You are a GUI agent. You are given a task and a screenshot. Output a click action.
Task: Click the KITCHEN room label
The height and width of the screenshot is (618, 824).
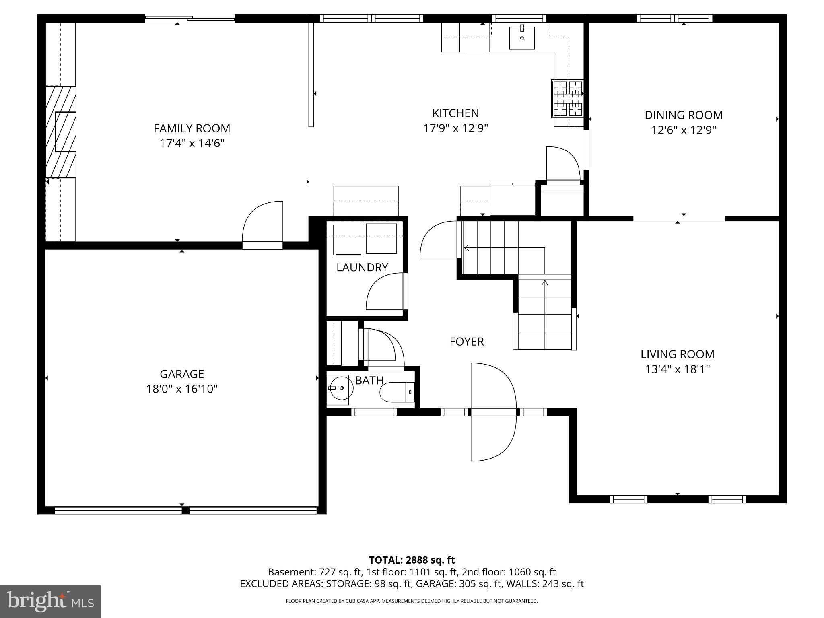coord(455,113)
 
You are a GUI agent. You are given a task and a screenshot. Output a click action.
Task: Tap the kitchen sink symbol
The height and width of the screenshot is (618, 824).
coord(522,38)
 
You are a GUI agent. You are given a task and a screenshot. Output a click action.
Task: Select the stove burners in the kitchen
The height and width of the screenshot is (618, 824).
coord(568,99)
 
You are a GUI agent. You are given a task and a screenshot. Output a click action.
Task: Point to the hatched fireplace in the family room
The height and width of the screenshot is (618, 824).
coord(60,132)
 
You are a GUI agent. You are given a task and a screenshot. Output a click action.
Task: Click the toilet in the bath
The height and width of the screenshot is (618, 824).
coord(397,392)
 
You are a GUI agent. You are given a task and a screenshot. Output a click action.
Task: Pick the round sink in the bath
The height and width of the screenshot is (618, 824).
coord(338,389)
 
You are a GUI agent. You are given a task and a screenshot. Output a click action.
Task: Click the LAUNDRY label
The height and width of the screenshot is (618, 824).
coord(362,267)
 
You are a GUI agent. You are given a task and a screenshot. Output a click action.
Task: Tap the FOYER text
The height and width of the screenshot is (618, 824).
coord(467,342)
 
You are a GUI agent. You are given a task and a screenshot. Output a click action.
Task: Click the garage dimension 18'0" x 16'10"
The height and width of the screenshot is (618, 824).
coord(182,389)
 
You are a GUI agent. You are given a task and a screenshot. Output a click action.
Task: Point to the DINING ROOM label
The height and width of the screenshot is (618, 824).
coord(684,115)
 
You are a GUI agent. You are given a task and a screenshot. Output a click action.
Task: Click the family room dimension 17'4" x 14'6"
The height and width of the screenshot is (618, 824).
coord(192,143)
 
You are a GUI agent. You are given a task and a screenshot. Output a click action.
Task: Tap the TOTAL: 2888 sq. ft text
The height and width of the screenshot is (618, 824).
coord(412,560)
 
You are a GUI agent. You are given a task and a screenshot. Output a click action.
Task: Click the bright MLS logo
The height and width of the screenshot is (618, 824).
coord(50,601)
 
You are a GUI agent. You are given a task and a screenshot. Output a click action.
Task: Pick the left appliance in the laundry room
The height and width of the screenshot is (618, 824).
coord(348,239)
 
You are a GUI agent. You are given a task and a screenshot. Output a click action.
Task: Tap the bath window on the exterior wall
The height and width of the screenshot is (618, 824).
coord(374,412)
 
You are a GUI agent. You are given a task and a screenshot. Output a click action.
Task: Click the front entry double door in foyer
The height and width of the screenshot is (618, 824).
coord(493,412)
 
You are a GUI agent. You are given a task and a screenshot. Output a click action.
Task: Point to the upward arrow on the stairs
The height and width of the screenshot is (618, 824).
coord(545,283)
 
